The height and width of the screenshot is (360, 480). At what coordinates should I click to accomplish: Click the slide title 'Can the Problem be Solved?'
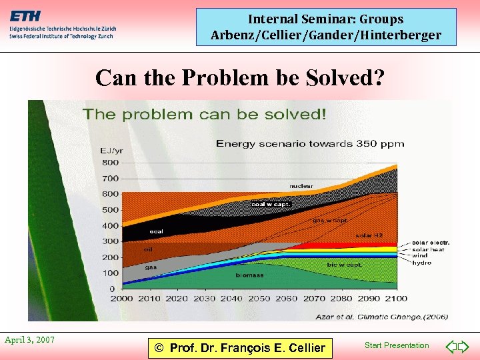point(240,78)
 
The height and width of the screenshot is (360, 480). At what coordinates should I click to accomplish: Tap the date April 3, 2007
point(29,340)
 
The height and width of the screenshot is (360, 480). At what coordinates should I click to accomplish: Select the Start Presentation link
point(397,345)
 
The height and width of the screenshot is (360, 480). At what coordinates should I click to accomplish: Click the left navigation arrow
point(451,346)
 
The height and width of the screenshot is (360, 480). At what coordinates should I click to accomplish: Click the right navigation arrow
point(464,346)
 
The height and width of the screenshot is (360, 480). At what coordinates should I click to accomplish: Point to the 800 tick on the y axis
point(110,163)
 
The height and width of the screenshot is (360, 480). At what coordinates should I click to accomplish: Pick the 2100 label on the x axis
point(396,299)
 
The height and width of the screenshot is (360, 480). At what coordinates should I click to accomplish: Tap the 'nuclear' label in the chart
point(301,186)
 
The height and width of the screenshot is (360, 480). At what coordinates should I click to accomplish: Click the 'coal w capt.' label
point(271,204)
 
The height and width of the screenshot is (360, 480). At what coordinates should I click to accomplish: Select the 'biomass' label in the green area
point(249,275)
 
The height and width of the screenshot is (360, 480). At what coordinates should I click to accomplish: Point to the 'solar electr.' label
point(431,242)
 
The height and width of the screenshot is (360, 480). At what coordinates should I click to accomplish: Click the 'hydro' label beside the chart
point(421,263)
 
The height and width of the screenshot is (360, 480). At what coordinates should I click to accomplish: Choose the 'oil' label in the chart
point(148,249)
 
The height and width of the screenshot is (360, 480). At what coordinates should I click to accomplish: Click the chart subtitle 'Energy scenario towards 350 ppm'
point(309,143)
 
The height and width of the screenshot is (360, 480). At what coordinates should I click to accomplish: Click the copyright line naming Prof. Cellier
point(239,347)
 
